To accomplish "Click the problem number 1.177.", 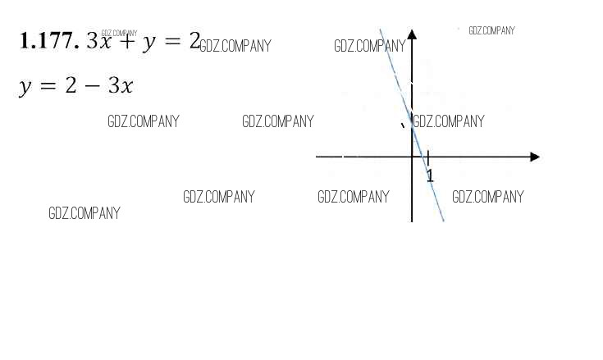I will click(48, 41).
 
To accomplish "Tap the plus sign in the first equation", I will click(126, 41).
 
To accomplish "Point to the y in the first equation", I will click(148, 43).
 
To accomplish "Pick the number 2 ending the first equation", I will click(194, 40).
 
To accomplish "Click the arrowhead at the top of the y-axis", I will click(412, 34).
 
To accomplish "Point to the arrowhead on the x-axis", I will click(535, 156).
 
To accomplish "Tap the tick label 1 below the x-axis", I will click(430, 175).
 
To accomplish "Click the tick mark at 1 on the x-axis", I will click(428, 156).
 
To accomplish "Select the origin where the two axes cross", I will click(412, 156).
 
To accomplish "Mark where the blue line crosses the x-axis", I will click(423, 156).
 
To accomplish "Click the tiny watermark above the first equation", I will click(119, 33).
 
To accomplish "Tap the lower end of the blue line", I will click(443, 220).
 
